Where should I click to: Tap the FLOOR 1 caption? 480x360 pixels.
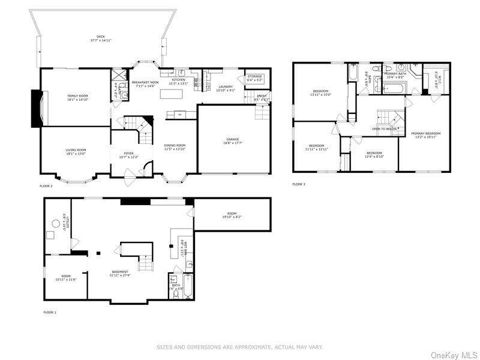pyautogui.click(x=50, y=313)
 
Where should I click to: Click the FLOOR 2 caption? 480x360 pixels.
pyautogui.click(x=46, y=186)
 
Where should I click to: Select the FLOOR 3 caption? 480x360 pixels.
pyautogui.click(x=299, y=184)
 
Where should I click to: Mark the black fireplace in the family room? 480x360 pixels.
pyautogui.click(x=36, y=108)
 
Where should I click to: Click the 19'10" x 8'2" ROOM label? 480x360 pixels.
pyautogui.click(x=232, y=214)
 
